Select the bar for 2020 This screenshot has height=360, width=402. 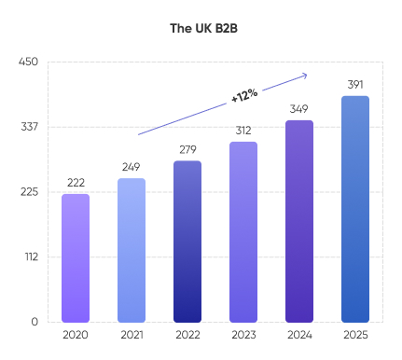76,257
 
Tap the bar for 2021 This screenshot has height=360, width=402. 132,250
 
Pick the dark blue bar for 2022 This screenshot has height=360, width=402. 187,242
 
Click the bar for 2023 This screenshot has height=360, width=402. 243,231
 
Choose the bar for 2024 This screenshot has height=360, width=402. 299,221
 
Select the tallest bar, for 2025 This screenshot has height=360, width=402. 355,209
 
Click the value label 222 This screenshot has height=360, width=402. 76,183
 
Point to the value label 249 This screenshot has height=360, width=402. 132,167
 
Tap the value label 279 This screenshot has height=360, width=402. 187,149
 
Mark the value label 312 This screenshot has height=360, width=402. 243,131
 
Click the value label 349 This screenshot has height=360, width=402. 299,109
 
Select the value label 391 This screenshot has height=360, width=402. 355,85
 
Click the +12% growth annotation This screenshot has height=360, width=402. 244,94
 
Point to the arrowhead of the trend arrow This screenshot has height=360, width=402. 305,75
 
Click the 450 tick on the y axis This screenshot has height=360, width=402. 28,62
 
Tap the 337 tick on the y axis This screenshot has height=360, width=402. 28,127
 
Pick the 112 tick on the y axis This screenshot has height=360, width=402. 29,256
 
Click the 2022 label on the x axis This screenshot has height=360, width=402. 187,334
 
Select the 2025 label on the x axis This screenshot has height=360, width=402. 355,334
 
